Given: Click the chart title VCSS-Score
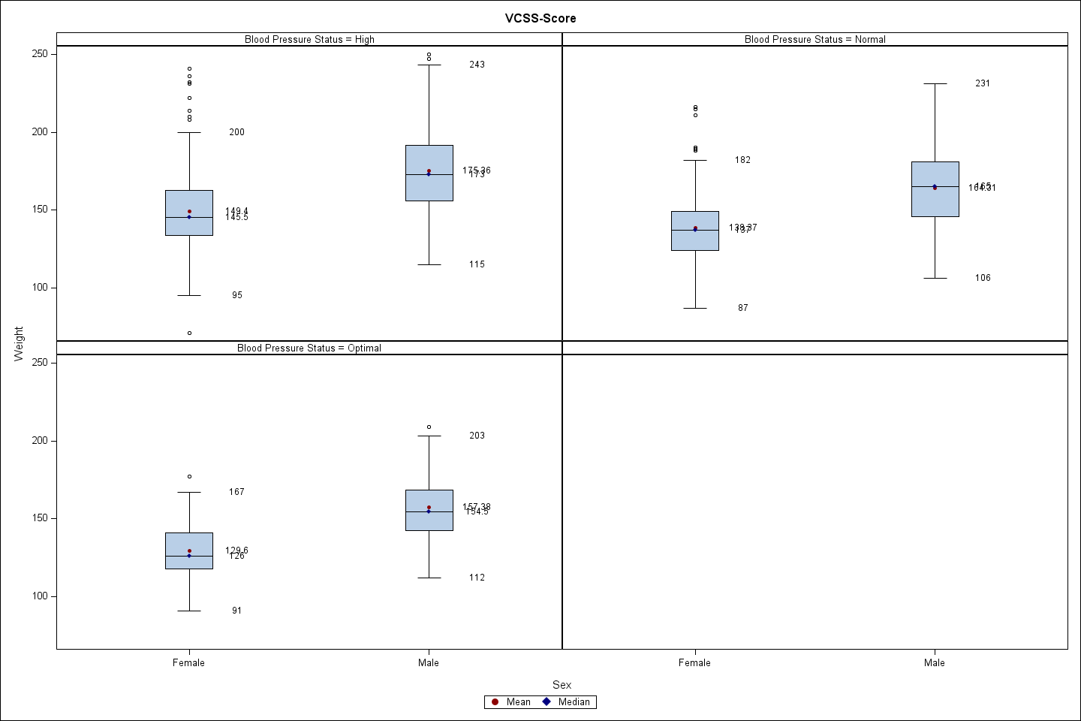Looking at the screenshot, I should tap(540, 18).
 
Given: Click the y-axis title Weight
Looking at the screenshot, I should tap(19, 344).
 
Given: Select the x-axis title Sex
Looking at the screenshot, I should tap(562, 684).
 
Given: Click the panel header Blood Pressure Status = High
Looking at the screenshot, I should tap(309, 40).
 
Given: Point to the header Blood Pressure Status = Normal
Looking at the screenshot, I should tap(815, 40).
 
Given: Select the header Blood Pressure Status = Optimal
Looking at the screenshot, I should tap(309, 348).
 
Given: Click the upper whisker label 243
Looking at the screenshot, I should tap(477, 65).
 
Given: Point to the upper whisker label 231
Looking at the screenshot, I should tap(983, 83).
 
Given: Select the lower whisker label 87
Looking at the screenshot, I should tap(742, 308).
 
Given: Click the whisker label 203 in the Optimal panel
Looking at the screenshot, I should tap(477, 436).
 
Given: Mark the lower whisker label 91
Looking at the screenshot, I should tap(236, 611).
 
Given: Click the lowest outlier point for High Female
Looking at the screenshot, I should tap(189, 333).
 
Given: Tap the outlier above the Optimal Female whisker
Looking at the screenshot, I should tap(189, 476).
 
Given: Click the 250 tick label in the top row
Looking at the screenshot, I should tap(40, 54).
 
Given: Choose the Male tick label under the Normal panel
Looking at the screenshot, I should tap(935, 662).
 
